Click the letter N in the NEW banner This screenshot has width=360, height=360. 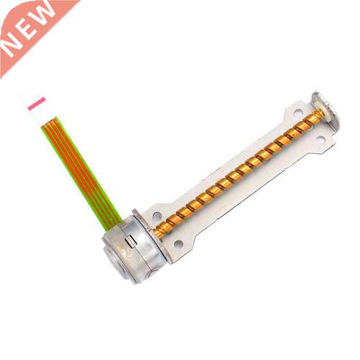pos(12,49)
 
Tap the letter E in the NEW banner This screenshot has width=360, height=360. pos(27,30)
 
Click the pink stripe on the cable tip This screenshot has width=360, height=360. pos(37,104)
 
